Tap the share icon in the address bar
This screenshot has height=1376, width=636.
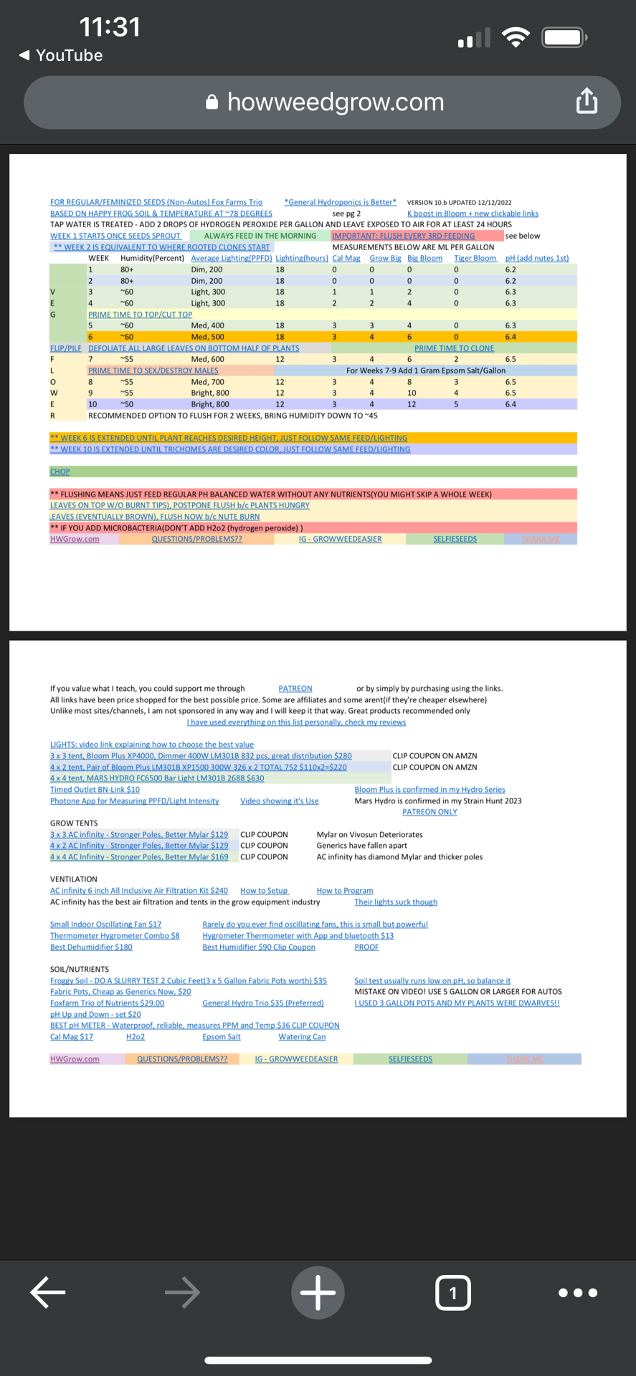587,101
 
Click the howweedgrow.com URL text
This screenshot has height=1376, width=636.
336,102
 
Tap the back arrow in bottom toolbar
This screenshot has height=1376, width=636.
48,1292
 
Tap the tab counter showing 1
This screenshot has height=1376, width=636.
452,1292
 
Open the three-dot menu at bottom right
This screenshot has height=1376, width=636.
577,1292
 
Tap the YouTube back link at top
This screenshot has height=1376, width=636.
61,55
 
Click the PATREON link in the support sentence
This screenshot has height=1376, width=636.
295,689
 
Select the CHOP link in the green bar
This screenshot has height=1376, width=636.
60,472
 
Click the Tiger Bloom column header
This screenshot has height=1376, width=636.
475,258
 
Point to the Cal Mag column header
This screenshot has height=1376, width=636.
346,258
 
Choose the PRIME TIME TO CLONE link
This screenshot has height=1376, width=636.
454,348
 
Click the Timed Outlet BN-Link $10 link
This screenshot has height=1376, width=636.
95,790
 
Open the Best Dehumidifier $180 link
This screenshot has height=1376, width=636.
91,947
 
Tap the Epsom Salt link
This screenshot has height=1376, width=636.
222,1037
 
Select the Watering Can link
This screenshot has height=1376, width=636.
302,1037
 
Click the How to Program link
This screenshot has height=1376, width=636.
345,891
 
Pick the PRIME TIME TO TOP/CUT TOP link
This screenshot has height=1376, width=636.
140,315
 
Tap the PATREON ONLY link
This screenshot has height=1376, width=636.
429,812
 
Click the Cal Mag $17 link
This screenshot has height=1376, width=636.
72,1037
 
